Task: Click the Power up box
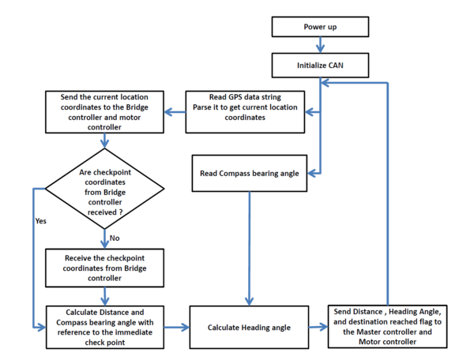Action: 320,27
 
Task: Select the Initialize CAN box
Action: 320,66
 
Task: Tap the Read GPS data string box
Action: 245,112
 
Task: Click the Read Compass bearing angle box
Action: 250,174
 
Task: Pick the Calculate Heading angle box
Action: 249,328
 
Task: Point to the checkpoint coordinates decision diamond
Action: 104,189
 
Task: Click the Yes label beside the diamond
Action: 41,221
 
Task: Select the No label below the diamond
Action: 115,238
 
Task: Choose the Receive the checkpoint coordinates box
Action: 104,268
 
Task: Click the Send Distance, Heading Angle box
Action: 388,327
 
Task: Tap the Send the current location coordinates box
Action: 104,112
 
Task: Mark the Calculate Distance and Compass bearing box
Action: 105,328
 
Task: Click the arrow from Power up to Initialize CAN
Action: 321,45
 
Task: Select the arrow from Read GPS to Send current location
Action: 175,112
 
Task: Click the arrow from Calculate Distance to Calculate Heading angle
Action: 177,327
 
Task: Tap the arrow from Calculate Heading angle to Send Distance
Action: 318,327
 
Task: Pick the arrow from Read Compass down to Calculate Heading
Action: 250,249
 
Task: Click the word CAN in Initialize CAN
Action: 336,66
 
